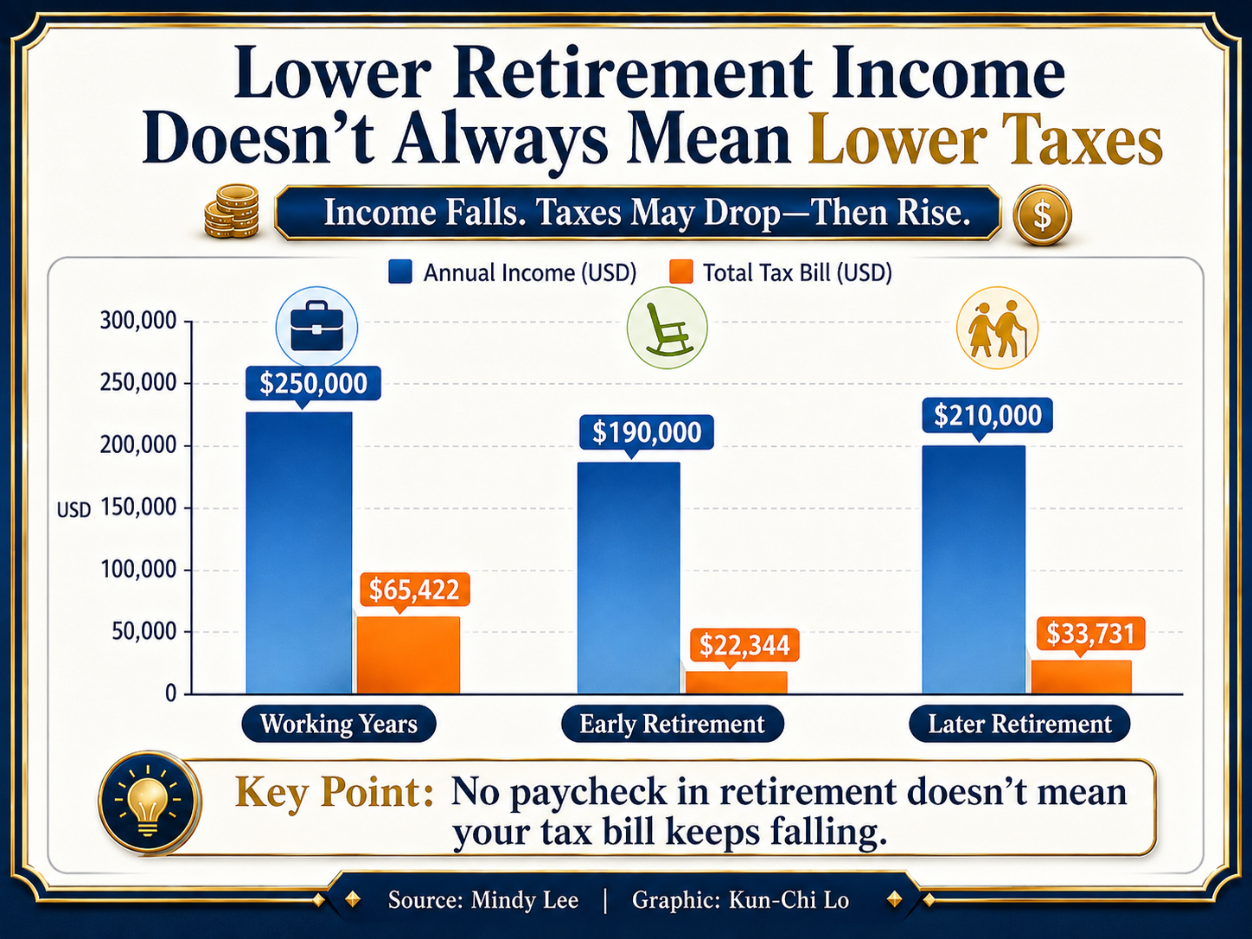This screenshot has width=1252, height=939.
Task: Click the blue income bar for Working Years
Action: coord(299,553)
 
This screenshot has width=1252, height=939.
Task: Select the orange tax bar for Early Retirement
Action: coord(737,682)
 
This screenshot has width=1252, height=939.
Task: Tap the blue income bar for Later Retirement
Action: coord(974,570)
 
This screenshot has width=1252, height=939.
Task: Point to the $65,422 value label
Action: coord(415,590)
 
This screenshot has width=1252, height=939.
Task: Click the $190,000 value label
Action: coord(646,432)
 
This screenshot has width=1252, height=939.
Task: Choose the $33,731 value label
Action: coord(1090,634)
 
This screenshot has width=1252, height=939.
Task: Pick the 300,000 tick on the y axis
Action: coord(138,321)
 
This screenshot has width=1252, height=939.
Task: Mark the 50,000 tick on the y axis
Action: coord(144,632)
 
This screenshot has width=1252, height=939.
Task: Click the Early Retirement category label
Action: coord(672,724)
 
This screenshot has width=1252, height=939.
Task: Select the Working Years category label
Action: coord(339,724)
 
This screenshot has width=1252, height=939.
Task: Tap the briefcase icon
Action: coord(316,328)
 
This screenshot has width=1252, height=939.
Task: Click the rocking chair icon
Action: coord(667,328)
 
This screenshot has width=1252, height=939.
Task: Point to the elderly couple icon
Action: coord(997,328)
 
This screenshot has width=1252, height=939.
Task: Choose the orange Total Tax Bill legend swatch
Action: coord(681,272)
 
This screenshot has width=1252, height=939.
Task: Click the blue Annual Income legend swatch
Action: coord(399,272)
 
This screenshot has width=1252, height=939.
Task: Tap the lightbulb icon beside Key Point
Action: coord(149,801)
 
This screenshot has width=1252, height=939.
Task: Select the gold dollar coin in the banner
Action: coord(1042,215)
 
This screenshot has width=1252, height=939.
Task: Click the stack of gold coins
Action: coord(231,212)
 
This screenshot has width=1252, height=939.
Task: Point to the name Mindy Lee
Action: coord(525,900)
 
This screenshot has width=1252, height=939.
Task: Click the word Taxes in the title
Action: coord(1080,142)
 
